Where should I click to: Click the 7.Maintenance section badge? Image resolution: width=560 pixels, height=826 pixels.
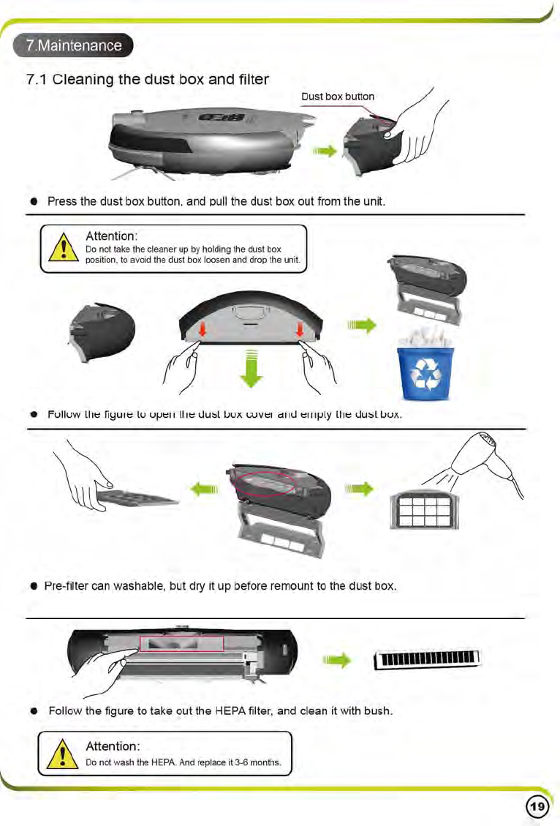click(74, 45)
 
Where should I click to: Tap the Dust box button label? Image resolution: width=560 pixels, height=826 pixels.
click(338, 97)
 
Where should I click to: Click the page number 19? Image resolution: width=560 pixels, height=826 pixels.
click(537, 806)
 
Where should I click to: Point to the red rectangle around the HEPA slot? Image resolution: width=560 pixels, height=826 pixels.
click(181, 642)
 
